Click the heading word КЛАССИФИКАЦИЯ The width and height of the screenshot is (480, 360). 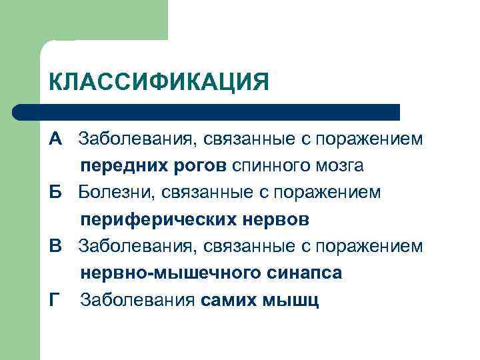tap(159, 83)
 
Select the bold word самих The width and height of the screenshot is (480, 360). tap(227, 301)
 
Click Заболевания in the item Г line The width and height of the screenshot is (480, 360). tap(138, 301)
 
